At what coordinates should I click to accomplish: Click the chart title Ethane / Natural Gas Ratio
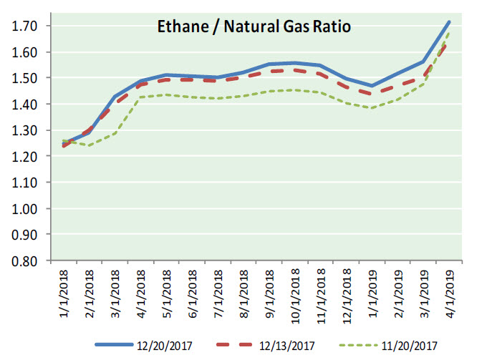254,28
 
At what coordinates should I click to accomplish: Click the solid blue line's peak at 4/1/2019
449,22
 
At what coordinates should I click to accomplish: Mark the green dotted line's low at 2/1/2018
88,145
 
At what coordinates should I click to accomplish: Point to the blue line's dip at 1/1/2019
372,86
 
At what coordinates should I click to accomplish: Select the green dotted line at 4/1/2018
140,97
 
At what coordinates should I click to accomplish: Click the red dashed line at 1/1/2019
372,94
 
